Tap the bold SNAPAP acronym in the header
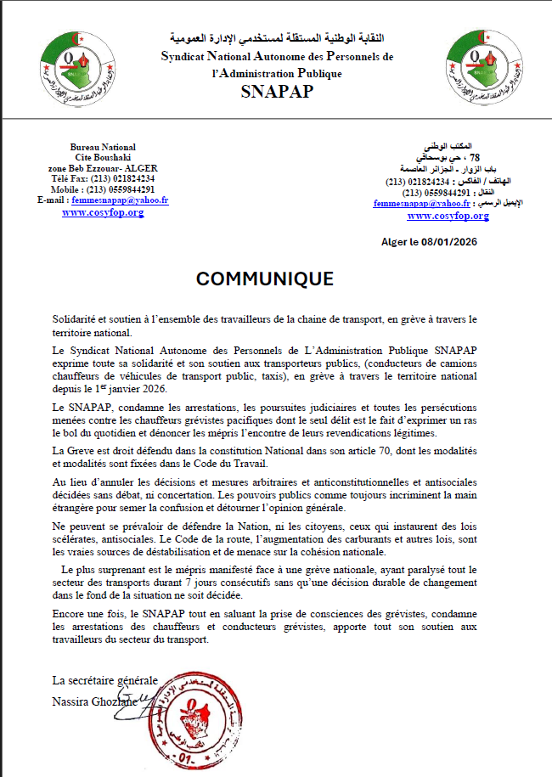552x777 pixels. (x=277, y=92)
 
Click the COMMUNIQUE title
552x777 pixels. (x=265, y=279)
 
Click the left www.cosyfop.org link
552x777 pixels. (x=103, y=212)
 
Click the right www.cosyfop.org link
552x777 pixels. (x=448, y=216)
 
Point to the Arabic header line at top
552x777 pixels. (x=277, y=38)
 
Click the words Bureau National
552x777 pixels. (x=103, y=147)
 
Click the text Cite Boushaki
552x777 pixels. (x=104, y=158)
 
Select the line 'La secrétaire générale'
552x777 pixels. (x=105, y=681)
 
